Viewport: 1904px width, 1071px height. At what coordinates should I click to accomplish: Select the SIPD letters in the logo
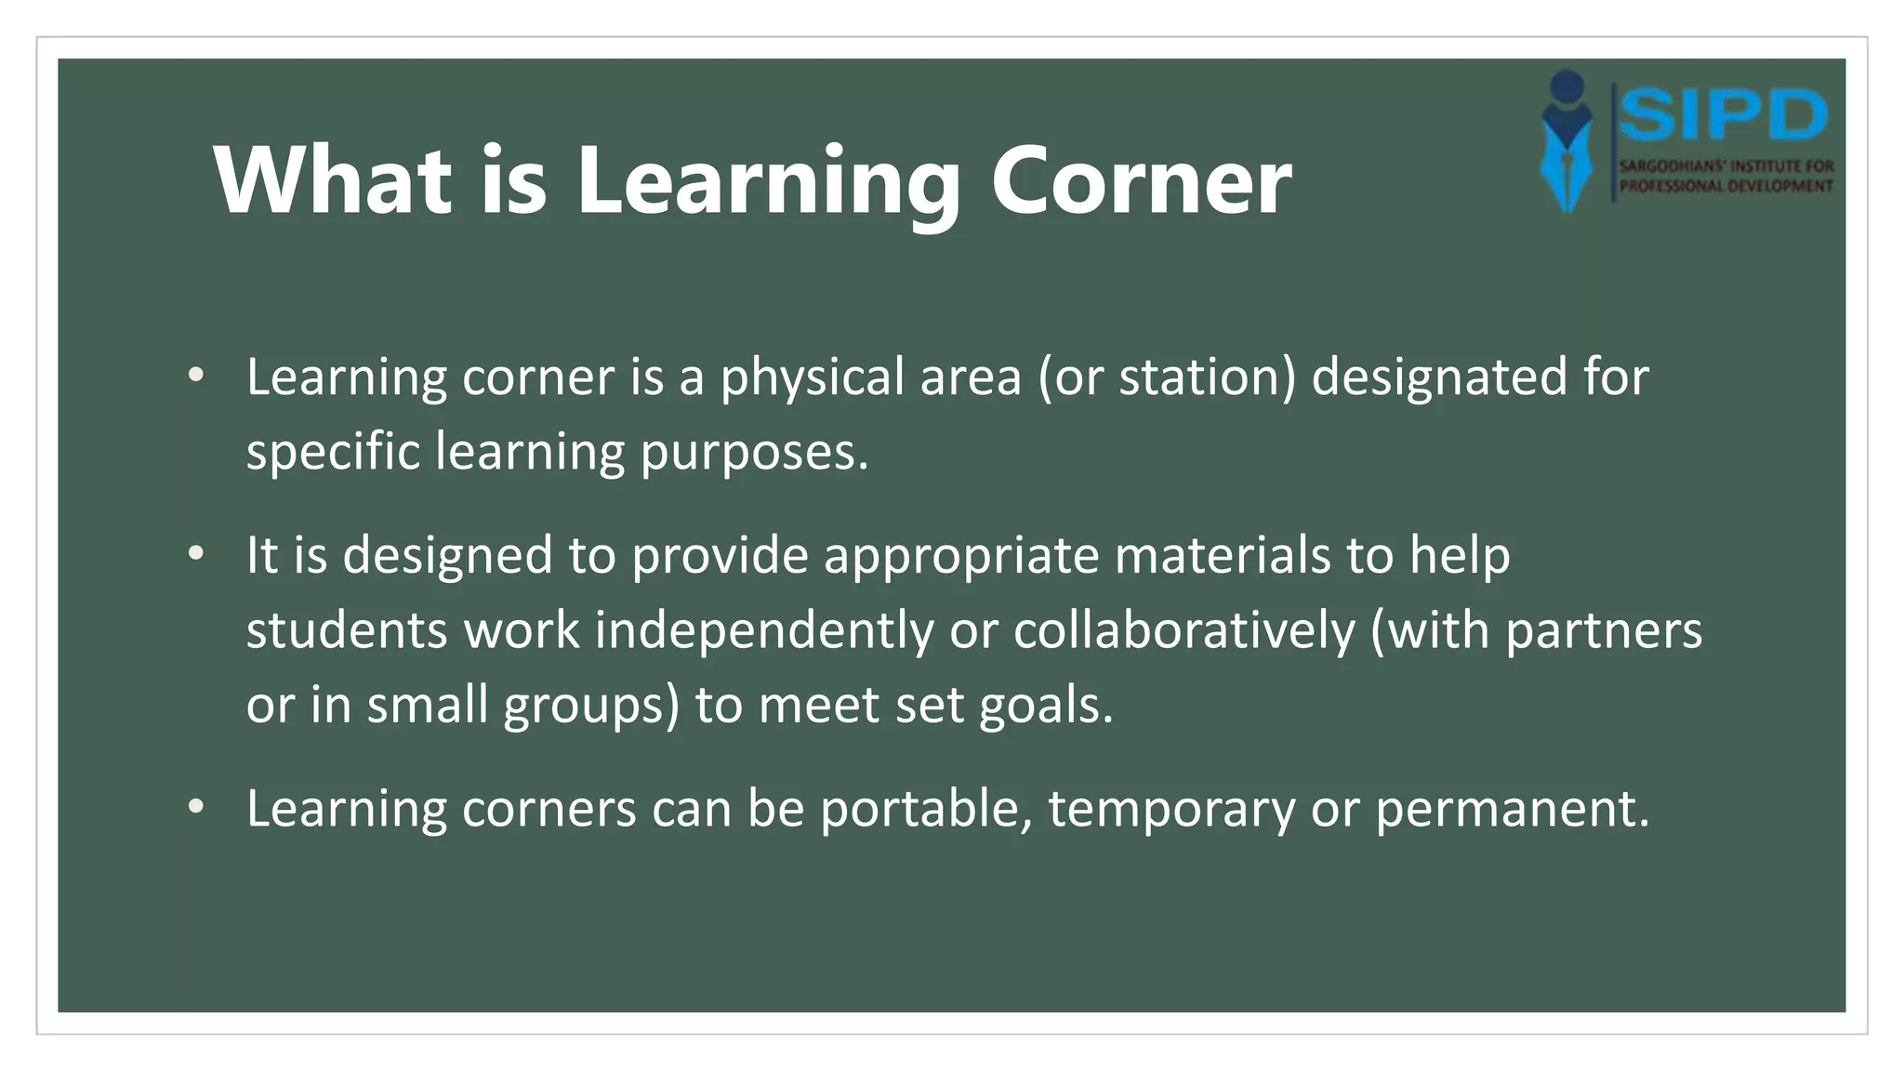point(1724,115)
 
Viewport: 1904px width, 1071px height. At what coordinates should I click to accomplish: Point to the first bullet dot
point(195,376)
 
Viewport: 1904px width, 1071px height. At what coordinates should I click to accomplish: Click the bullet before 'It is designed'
point(195,554)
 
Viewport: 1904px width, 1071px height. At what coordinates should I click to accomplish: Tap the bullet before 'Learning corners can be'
point(195,807)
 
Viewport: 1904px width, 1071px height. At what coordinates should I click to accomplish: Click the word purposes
point(753,454)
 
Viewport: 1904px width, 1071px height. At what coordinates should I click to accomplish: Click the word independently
point(764,632)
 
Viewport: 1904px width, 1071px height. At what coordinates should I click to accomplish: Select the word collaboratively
point(1184,632)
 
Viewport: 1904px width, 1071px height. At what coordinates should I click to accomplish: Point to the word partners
point(1604,632)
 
